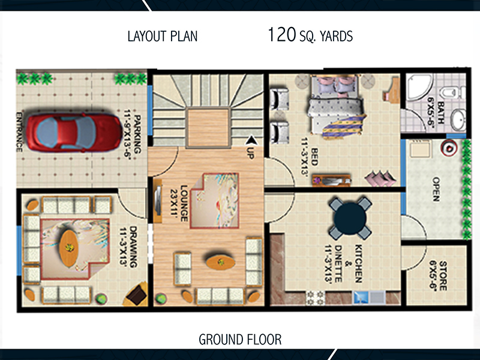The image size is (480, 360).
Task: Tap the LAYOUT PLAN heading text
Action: click(x=162, y=36)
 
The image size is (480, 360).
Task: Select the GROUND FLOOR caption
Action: click(x=240, y=340)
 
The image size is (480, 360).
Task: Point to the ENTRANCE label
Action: click(x=19, y=132)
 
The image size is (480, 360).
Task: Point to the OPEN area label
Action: click(x=437, y=190)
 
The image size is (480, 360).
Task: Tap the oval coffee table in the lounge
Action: click(x=220, y=262)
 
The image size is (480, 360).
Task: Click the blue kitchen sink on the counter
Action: click(x=361, y=296)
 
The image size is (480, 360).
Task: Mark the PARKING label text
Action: click(x=135, y=136)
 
